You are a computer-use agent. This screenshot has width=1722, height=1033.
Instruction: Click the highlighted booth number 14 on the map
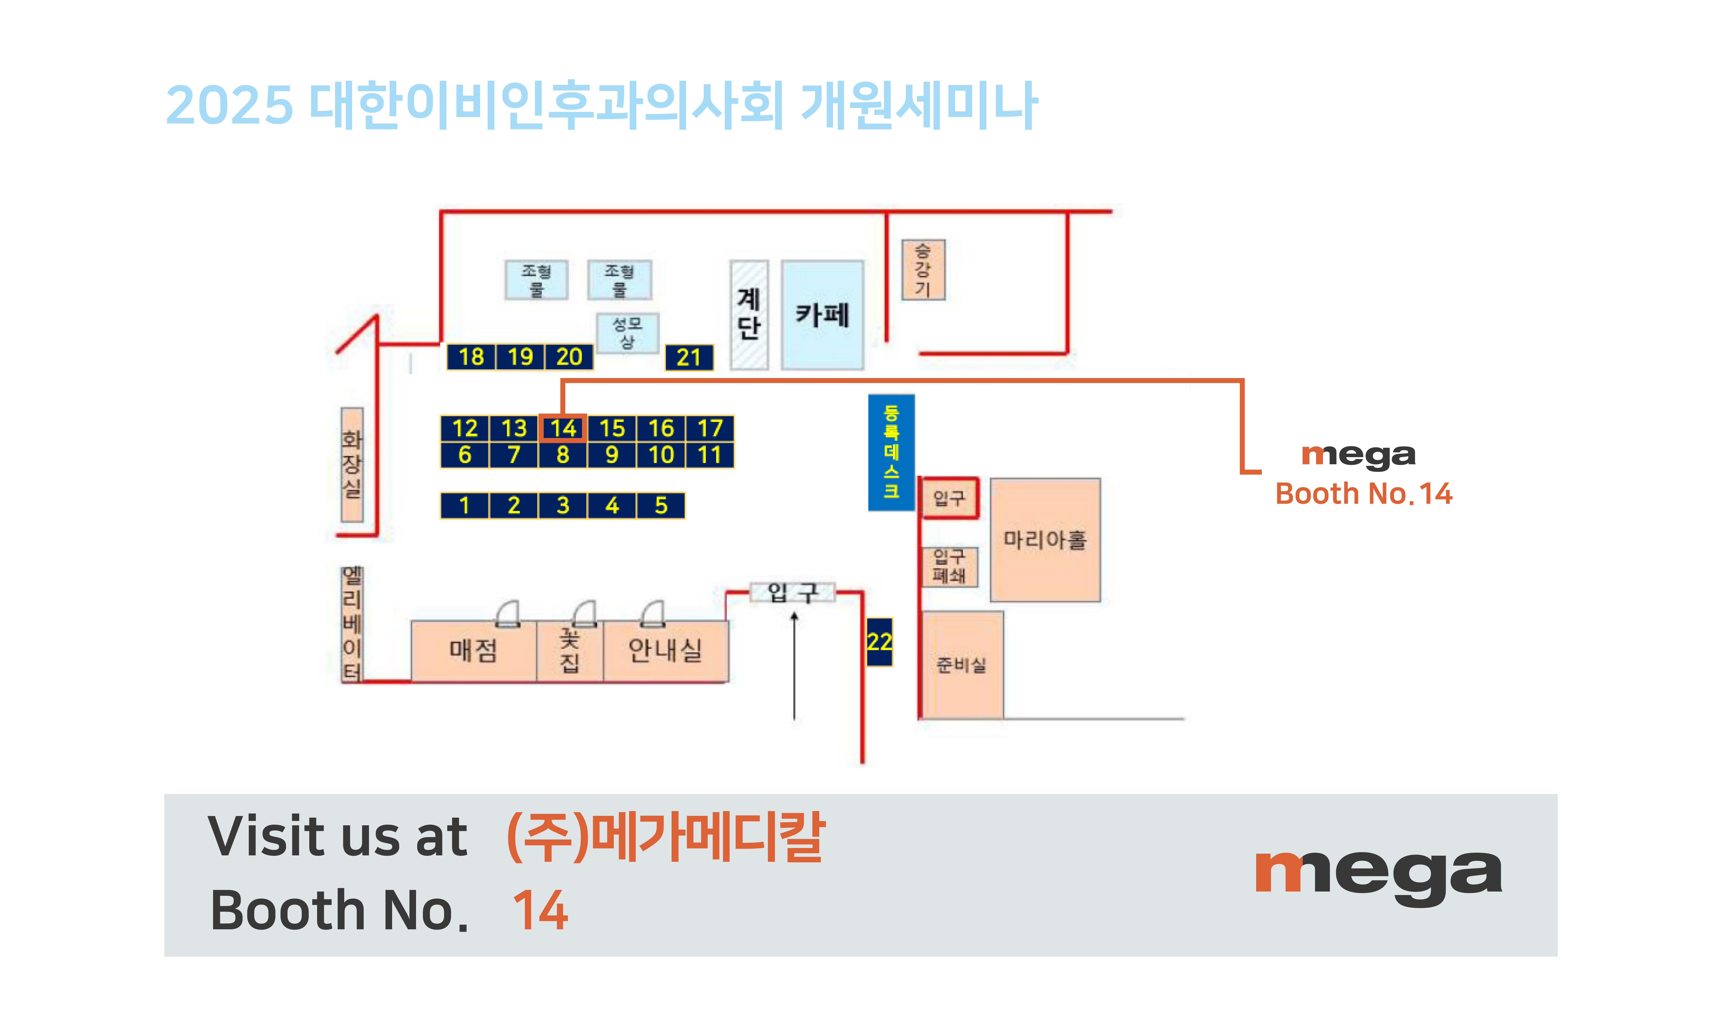coord(562,427)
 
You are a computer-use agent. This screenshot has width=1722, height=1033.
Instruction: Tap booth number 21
coord(688,357)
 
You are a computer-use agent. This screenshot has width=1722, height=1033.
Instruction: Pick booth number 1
coord(464,505)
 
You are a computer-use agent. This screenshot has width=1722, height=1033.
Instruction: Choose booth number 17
coord(710,427)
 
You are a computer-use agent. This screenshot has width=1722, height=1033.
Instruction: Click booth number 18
coord(471,356)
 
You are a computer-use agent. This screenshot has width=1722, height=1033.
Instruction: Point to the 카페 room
coord(822,315)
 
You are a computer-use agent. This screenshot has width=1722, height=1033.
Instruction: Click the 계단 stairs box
coord(749,315)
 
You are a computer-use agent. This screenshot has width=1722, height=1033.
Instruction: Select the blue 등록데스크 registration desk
coord(891,452)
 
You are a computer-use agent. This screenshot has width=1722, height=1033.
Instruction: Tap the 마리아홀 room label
coord(1045,539)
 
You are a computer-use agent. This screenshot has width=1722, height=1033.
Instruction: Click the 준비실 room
coord(962,665)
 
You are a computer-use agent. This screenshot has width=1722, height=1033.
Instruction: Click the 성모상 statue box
coord(627,333)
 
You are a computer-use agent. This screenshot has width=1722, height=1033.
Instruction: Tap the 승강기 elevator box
coord(923,269)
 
